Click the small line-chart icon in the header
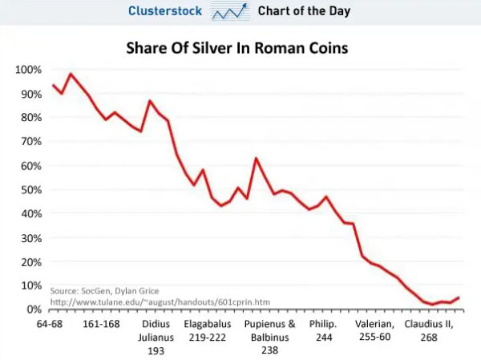[230, 12]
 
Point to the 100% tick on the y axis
[27, 70]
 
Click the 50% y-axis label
[30, 189]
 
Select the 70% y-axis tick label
[30, 142]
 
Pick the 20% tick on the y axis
[30, 261]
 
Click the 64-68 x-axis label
[52, 324]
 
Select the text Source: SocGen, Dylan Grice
[104, 290]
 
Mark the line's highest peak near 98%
[71, 74]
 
